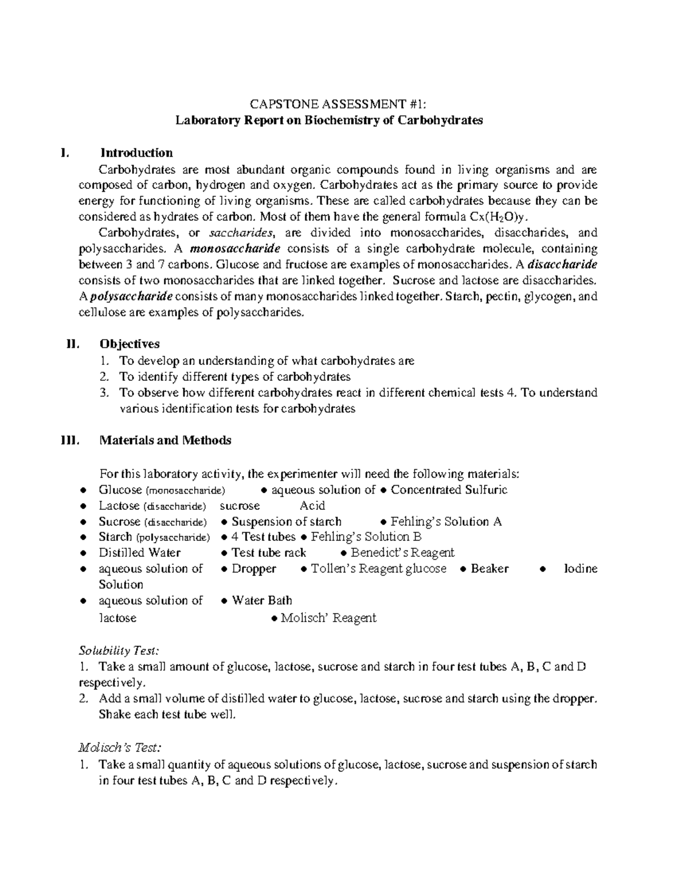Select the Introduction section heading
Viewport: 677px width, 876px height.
click(x=136, y=153)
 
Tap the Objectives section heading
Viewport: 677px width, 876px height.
click(x=129, y=344)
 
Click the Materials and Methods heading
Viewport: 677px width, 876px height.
click(x=165, y=441)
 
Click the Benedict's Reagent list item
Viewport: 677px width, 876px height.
click(x=402, y=553)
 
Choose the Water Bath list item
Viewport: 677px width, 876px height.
click(x=262, y=600)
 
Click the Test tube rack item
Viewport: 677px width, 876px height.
click(x=269, y=553)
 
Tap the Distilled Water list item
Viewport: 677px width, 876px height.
click(x=139, y=553)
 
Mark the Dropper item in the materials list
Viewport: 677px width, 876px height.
click(x=253, y=569)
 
